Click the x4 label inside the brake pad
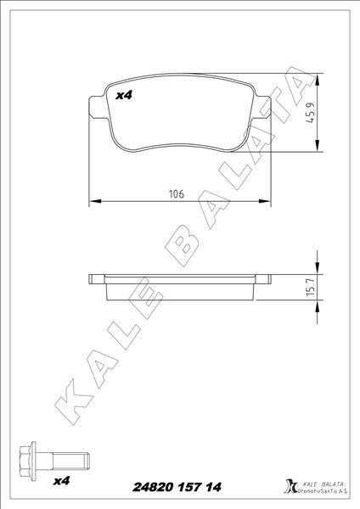(x=125, y=97)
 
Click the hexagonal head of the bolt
(x=25, y=462)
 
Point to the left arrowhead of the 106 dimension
(x=93, y=202)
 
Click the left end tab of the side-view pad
(x=96, y=279)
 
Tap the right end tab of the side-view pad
(x=263, y=279)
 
